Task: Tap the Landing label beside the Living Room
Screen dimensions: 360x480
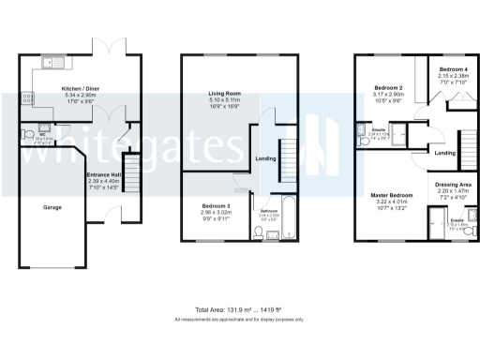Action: click(x=266, y=158)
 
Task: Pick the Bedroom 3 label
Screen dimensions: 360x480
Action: click(x=217, y=206)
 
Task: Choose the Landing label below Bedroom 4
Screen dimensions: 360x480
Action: click(x=445, y=153)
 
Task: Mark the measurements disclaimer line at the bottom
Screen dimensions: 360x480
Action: click(x=240, y=320)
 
